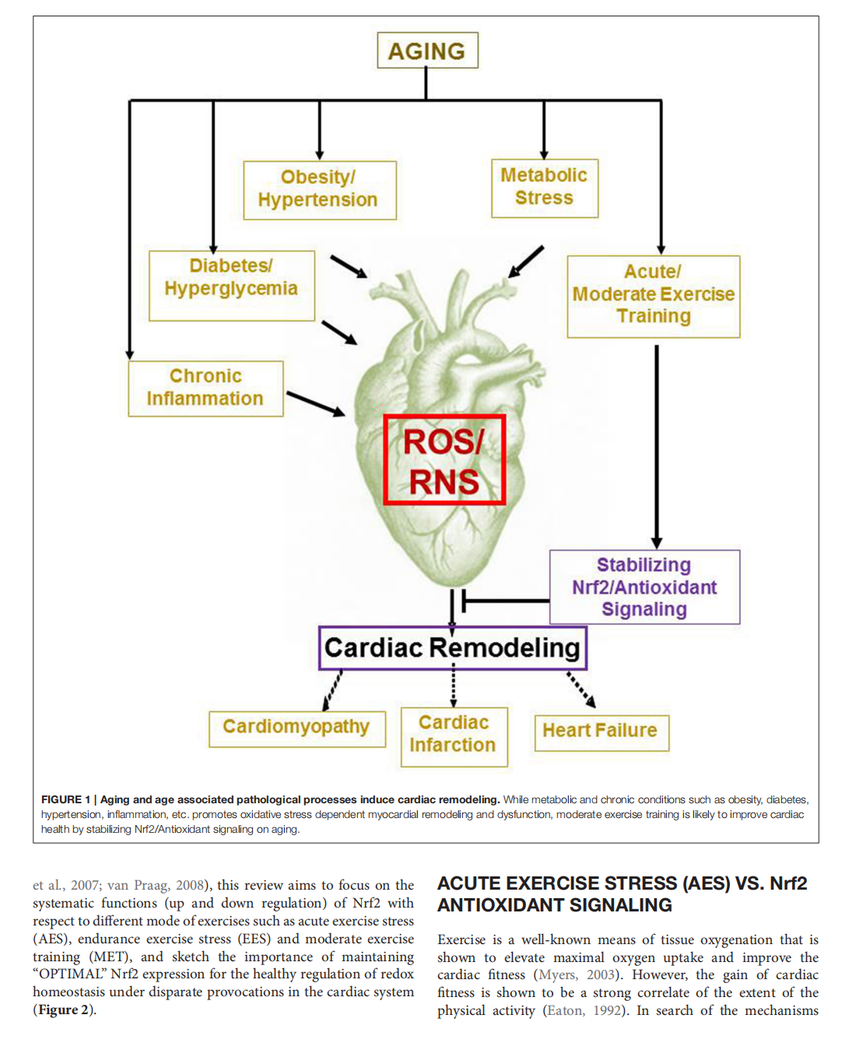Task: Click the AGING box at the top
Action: (427, 51)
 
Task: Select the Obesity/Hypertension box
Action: (319, 189)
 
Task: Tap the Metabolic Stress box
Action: (544, 187)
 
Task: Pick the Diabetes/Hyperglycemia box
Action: (231, 284)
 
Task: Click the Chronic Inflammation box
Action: (205, 388)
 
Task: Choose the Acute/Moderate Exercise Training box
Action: (653, 295)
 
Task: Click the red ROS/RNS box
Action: (444, 460)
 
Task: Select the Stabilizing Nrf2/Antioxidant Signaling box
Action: (644, 587)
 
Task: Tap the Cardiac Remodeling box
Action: (452, 648)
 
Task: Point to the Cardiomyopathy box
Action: (296, 728)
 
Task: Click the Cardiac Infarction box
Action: (454, 736)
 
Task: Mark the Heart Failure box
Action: (601, 732)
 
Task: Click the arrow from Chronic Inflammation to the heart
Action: (316, 403)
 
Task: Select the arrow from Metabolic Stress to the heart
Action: (526, 262)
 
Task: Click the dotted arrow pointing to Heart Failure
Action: (581, 689)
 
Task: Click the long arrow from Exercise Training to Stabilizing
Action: (657, 444)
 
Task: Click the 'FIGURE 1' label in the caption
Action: (65, 799)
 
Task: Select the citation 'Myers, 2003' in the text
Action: (577, 975)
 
